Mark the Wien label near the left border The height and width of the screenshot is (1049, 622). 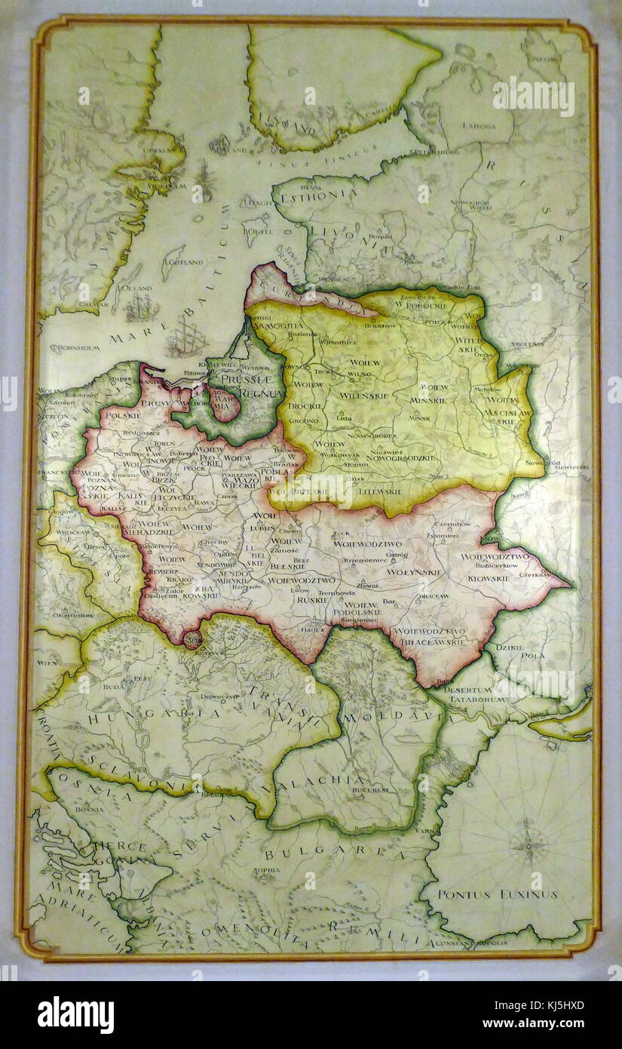click(47, 662)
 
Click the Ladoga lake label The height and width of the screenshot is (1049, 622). click(479, 125)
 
